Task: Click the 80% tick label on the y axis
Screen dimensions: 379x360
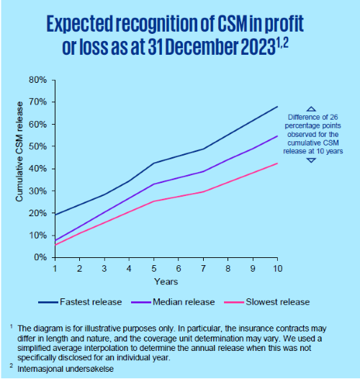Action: (x=37, y=79)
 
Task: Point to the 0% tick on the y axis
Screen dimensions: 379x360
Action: (x=40, y=257)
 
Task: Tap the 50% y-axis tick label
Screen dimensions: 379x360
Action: (x=37, y=146)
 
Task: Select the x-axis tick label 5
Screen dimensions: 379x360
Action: (x=154, y=267)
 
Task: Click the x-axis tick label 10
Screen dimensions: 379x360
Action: (x=277, y=267)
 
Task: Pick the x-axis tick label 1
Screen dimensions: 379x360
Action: (x=55, y=267)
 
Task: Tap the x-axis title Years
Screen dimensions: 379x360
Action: (x=166, y=281)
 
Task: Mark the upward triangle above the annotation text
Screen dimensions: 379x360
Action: (x=311, y=109)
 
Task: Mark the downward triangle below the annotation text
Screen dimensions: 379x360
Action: (x=311, y=160)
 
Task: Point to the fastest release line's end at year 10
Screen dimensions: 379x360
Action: (x=277, y=107)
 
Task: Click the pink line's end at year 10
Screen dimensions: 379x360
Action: (x=277, y=164)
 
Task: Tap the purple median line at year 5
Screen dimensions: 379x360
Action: (x=154, y=184)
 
